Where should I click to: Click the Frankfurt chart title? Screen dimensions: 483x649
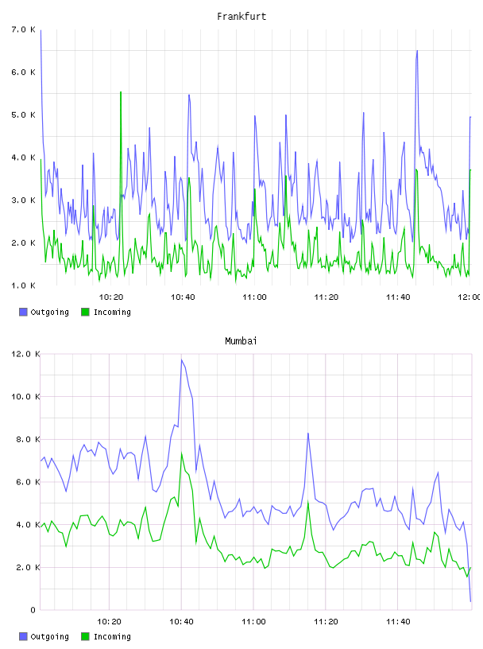[x=241, y=17]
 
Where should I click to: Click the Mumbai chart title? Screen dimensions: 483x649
[x=241, y=341]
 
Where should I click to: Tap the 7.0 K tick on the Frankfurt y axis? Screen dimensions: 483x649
[x=24, y=29]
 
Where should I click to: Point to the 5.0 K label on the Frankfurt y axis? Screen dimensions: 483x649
[x=24, y=115]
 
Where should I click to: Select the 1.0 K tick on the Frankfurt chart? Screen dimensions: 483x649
[x=24, y=286]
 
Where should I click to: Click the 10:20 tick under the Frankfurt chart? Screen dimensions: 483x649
[x=111, y=297]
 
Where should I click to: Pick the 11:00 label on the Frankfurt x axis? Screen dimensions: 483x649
[x=254, y=297]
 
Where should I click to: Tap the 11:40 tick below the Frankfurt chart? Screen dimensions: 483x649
[x=398, y=297]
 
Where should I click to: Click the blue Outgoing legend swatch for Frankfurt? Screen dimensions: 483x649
[x=23, y=312]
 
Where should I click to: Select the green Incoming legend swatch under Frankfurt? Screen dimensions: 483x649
[x=85, y=312]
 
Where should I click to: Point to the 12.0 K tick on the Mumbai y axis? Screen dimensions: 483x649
[x=25, y=354]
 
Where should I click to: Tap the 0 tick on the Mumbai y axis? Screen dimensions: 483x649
[x=33, y=610]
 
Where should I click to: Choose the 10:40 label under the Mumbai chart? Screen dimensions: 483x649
[x=181, y=622]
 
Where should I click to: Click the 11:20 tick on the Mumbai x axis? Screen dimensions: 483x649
[x=326, y=622]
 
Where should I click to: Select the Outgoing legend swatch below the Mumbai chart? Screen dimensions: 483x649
[x=23, y=636]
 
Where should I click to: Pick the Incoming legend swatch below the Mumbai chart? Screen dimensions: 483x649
[x=85, y=636]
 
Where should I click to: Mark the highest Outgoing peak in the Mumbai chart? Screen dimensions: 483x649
[x=181, y=359]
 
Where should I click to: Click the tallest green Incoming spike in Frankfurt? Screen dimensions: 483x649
[x=121, y=92]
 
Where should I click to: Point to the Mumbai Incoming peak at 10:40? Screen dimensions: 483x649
[x=181, y=453]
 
